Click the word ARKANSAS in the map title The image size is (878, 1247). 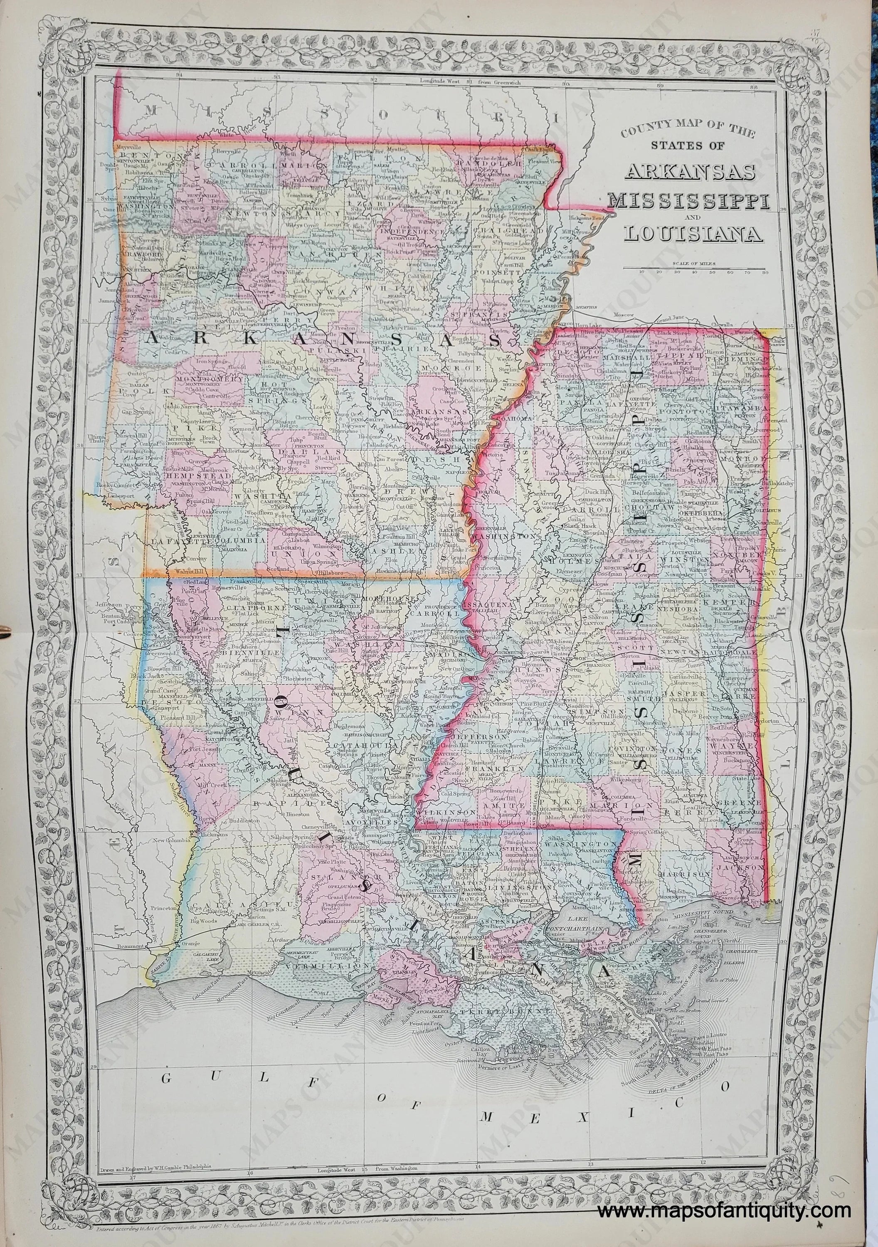coord(691,172)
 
